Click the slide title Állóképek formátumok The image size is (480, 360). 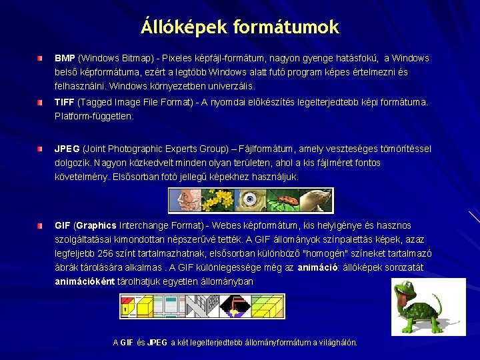(x=240, y=27)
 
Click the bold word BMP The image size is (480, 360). (x=65, y=59)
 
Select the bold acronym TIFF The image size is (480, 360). (x=65, y=102)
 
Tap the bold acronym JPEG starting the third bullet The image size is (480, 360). (x=67, y=149)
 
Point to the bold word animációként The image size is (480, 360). (x=85, y=281)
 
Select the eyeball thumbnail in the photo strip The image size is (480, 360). (x=250, y=199)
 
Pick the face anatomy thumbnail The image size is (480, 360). (x=183, y=199)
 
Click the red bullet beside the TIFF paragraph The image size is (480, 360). (x=40, y=103)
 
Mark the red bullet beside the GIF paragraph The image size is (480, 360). (x=40, y=226)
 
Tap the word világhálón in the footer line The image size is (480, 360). (x=337, y=342)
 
